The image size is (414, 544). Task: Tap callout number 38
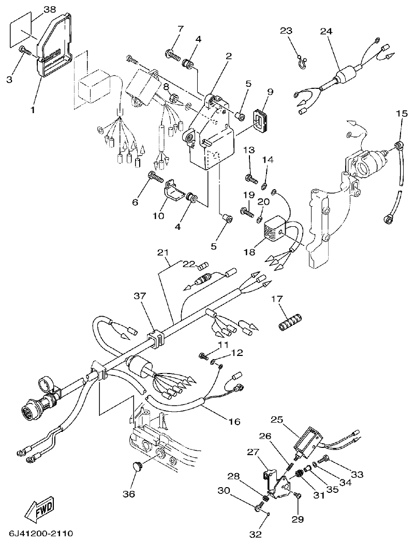pyautogui.click(x=50, y=9)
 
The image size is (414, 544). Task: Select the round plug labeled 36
pyautogui.click(x=136, y=468)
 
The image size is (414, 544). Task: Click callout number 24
pyautogui.click(x=326, y=31)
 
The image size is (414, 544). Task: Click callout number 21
pyautogui.click(x=164, y=253)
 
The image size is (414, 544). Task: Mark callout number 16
pyautogui.click(x=234, y=422)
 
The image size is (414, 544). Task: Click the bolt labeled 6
pyautogui.click(x=155, y=177)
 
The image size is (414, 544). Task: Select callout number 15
pyautogui.click(x=402, y=113)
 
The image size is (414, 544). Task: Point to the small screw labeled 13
pyautogui.click(x=251, y=179)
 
